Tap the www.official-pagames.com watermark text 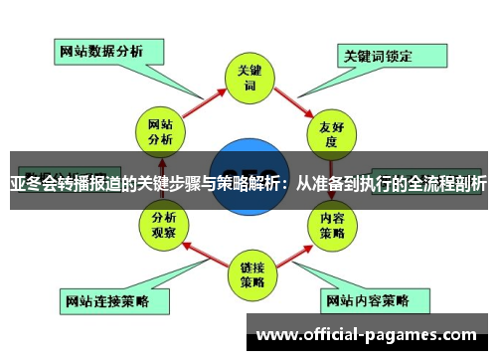(373, 335)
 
